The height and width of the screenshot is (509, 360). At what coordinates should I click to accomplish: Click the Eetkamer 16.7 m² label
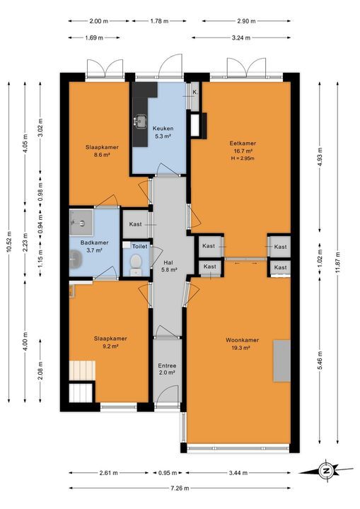pyautogui.click(x=242, y=147)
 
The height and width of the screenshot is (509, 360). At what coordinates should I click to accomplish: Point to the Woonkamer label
pyautogui.click(x=242, y=341)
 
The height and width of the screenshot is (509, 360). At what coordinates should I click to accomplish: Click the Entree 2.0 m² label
pyautogui.click(x=166, y=368)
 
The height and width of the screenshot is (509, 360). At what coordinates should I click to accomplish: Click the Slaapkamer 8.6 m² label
pyautogui.click(x=102, y=151)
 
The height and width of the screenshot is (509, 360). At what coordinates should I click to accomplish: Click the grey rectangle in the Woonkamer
pyautogui.click(x=281, y=360)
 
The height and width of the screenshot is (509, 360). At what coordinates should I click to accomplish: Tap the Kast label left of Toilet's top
pyautogui.click(x=136, y=224)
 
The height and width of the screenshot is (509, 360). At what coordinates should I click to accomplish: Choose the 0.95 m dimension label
pyautogui.click(x=168, y=473)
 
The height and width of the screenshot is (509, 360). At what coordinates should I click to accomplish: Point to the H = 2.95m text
pyautogui.click(x=242, y=159)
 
